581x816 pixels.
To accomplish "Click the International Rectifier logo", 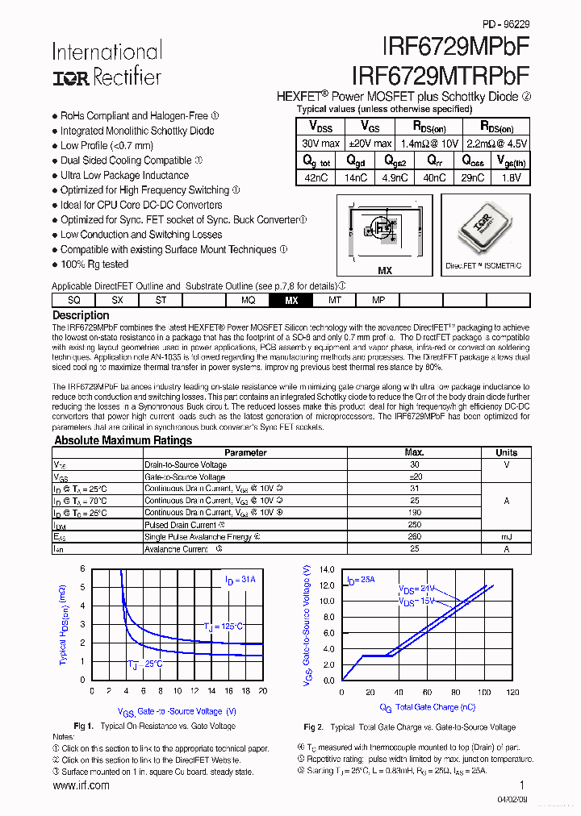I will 107,64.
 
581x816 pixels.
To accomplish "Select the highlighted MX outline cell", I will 291,300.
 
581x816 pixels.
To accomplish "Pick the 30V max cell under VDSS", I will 320,143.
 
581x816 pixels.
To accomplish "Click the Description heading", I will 81,315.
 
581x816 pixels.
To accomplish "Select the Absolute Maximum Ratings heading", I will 123,440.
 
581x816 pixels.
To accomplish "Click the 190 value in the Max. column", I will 414,512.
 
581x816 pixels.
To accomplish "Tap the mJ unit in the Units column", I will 506,536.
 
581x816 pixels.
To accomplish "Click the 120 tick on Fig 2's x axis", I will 512,693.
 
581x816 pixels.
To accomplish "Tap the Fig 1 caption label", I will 84,726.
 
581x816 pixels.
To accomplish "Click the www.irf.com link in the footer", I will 81,785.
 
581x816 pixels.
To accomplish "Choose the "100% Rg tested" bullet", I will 94,264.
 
